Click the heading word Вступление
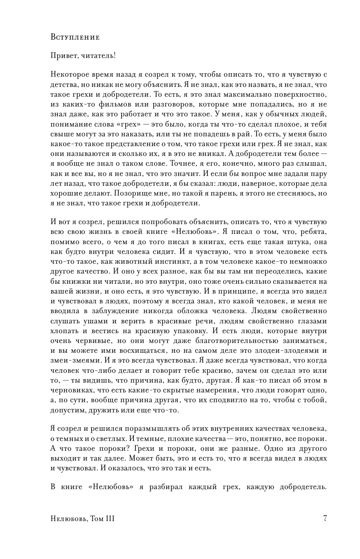pyautogui.click(x=75, y=37)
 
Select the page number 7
pyautogui.click(x=325, y=519)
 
